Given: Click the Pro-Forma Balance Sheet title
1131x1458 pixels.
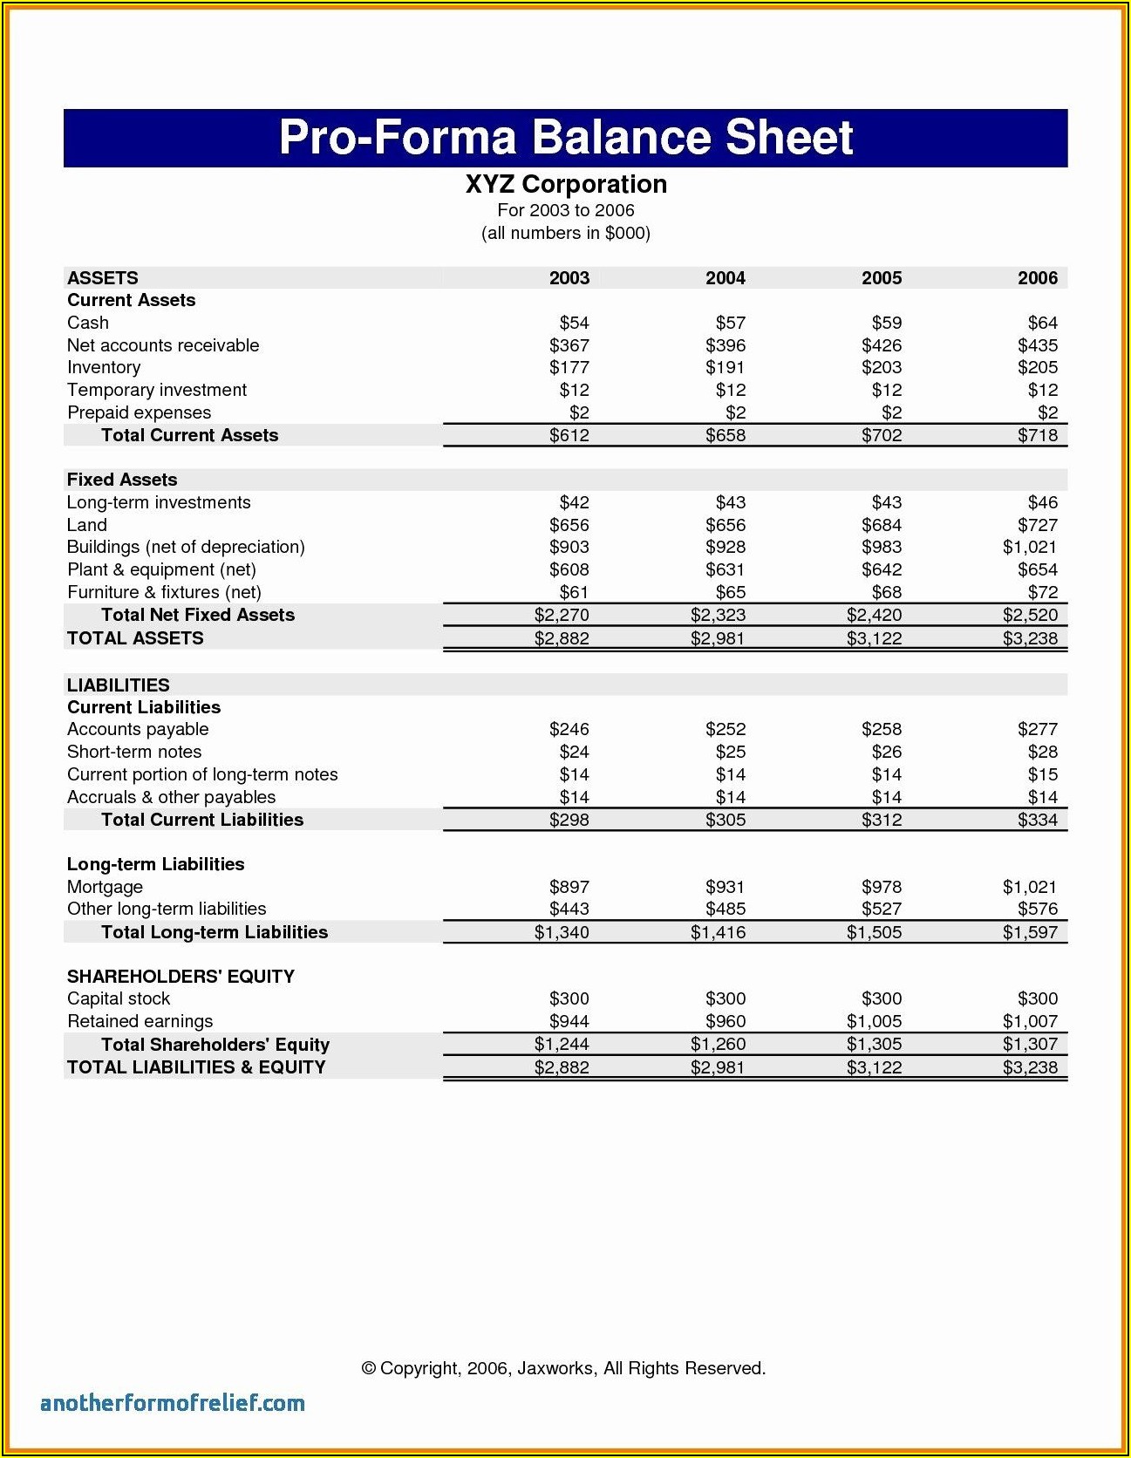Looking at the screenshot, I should [x=565, y=138].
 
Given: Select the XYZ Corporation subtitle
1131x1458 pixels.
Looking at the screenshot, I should [x=566, y=185].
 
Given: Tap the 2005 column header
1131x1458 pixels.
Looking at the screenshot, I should [x=882, y=278].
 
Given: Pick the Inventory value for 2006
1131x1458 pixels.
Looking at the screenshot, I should [x=1037, y=367].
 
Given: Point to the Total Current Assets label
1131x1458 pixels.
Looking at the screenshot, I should [x=189, y=435].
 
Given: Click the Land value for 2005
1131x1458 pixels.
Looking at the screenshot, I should [x=881, y=525].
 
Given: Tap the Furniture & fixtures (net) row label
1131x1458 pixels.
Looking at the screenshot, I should [x=164, y=592].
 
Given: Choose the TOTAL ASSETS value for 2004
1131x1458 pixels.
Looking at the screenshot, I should [x=718, y=638].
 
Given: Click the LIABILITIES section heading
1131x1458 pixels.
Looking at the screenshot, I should [x=119, y=685].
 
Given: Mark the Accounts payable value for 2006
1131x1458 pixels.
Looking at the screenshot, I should [x=1037, y=729].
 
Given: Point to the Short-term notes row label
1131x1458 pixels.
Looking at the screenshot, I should [x=134, y=752].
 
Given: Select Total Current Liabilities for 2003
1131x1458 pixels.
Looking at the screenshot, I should [x=569, y=820].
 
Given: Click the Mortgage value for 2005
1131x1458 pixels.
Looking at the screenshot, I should [x=881, y=887].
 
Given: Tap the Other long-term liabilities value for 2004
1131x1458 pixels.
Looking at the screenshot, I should [x=725, y=909].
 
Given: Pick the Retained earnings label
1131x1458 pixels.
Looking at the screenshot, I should [x=140, y=1021].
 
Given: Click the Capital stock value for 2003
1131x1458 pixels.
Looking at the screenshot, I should [x=569, y=998].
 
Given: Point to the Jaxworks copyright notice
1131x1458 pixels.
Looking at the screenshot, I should [x=563, y=1368].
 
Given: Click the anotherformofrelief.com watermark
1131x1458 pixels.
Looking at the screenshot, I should [x=173, y=1403].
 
